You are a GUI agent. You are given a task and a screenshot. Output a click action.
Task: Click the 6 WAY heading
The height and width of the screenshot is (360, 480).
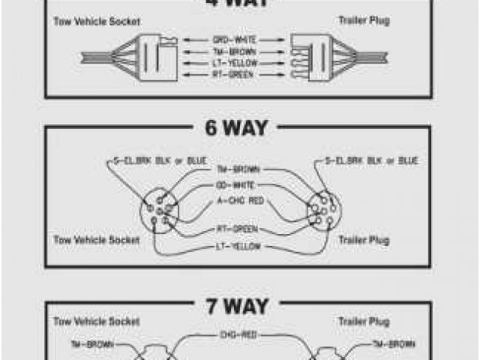pos(235,127)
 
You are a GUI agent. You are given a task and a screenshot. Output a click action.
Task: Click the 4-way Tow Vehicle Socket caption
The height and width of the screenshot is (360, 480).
pos(97,22)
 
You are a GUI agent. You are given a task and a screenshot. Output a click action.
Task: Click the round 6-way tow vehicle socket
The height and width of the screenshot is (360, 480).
pos(158,211)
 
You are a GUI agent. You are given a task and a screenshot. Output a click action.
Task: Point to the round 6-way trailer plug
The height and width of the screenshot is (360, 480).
pos(322,211)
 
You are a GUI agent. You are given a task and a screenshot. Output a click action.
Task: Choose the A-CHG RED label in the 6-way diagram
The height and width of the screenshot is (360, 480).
pos(239,199)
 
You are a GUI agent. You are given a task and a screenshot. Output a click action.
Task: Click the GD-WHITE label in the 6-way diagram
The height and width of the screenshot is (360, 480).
pos(237,184)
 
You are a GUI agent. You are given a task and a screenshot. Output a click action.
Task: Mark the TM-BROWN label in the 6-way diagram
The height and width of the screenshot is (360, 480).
pos(237,169)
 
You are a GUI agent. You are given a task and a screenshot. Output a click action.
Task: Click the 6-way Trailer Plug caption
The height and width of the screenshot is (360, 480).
pos(363,241)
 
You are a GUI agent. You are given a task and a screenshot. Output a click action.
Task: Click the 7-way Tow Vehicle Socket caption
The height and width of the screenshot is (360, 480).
pos(97,321)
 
